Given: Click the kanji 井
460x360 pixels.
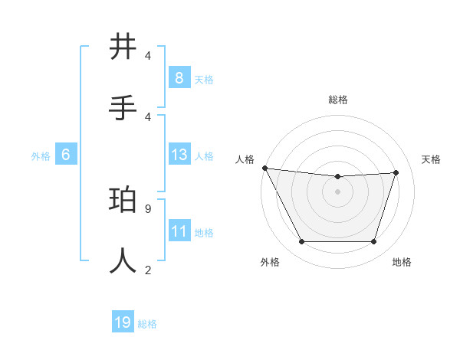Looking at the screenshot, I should (x=123, y=47).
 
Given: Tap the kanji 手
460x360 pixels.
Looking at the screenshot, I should (x=123, y=106).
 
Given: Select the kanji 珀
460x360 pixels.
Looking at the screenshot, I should (x=123, y=201).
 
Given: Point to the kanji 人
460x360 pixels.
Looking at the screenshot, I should (x=123, y=260).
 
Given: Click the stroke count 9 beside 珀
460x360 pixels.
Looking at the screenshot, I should (x=147, y=208).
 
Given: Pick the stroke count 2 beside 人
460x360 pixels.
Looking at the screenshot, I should (x=147, y=269).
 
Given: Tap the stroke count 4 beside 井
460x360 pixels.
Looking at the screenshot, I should (x=147, y=56).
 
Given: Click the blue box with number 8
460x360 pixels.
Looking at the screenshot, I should (x=179, y=77).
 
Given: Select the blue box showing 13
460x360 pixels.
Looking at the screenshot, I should (x=179, y=155).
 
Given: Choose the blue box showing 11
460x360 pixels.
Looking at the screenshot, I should (x=179, y=231).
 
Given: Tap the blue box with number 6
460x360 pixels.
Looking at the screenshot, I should (x=66, y=155).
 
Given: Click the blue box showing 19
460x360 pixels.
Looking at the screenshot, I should (x=123, y=322).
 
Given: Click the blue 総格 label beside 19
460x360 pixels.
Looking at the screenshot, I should (x=147, y=324).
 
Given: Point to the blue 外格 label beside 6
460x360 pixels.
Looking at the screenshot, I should (x=41, y=156).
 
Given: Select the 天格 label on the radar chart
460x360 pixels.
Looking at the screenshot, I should (x=431, y=159).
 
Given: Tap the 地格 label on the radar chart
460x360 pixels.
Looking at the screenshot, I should (x=402, y=262).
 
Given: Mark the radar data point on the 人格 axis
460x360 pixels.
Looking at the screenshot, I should (x=264, y=168).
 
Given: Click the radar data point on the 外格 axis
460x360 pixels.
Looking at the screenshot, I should (x=301, y=242).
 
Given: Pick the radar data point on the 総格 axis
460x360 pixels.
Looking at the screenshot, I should (x=337, y=177).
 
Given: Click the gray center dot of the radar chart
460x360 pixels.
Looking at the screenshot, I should (x=337, y=191).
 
